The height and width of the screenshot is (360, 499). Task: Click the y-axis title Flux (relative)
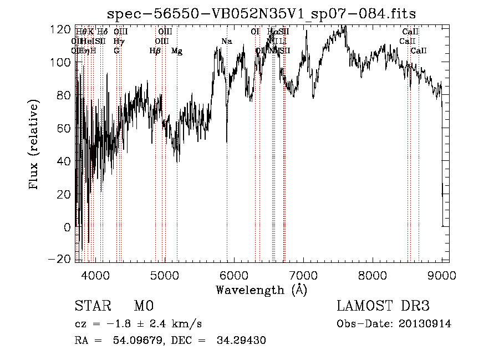click(x=34, y=145)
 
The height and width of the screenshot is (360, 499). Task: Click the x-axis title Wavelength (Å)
click(x=261, y=290)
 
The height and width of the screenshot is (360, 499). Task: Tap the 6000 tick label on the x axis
click(x=234, y=275)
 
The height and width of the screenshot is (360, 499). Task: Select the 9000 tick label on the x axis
click(x=442, y=275)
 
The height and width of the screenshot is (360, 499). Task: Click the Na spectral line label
click(x=226, y=42)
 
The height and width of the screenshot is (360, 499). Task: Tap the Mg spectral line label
click(x=176, y=51)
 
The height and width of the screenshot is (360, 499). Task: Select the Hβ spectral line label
click(x=155, y=51)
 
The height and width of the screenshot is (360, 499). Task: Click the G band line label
click(x=116, y=51)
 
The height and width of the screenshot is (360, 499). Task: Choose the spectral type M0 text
click(x=143, y=306)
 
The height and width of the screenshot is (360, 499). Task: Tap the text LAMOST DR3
click(x=383, y=306)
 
